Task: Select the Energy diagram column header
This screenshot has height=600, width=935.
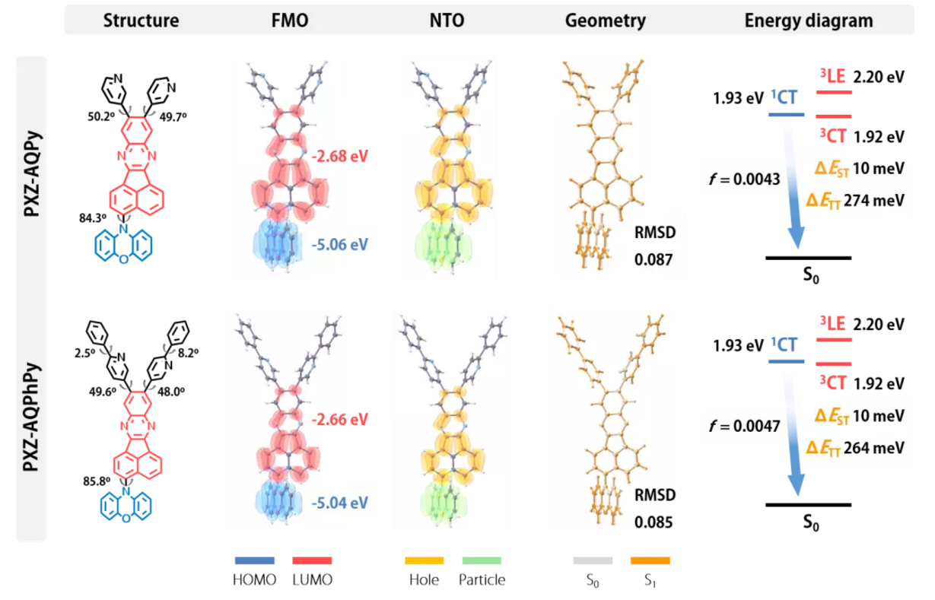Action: pyautogui.click(x=808, y=21)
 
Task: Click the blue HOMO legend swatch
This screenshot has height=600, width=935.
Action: pyautogui.click(x=254, y=561)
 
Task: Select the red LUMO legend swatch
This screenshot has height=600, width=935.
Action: pyautogui.click(x=312, y=561)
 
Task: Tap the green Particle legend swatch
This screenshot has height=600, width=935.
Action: pyautogui.click(x=482, y=561)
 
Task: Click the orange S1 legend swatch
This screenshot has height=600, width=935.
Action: pyautogui.click(x=650, y=561)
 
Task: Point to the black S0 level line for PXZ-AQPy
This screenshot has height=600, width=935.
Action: pyautogui.click(x=808, y=258)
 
